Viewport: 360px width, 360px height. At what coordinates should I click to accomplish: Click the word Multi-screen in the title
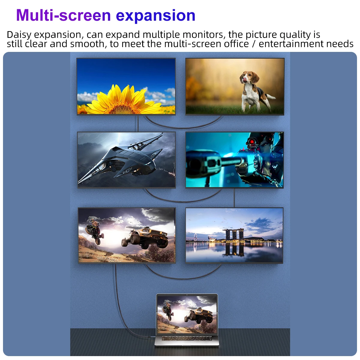pyautogui.click(x=64, y=15)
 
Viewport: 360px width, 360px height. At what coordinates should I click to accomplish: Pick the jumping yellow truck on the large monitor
pyautogui.click(x=145, y=238)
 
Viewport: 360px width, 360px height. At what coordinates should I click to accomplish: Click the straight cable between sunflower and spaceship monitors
pyautogui.click(x=138, y=124)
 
